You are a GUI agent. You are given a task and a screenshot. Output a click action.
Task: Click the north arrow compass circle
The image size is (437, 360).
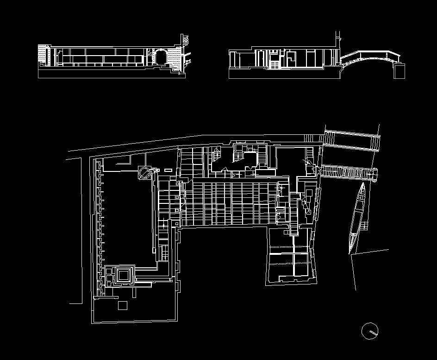coord(370,331)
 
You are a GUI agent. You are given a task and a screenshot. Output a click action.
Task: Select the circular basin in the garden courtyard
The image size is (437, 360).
coord(144,173)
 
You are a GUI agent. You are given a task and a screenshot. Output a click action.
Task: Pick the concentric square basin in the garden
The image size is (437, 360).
coord(123,275)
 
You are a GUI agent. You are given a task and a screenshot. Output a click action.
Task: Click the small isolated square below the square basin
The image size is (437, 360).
coord(123,305)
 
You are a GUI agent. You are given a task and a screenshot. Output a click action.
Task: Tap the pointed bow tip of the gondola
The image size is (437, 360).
coord(363,184)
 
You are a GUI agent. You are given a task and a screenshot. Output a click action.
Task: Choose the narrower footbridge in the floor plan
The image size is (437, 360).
coord(350,173)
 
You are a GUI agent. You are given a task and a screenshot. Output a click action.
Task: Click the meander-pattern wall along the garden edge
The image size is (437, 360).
coord(100,222)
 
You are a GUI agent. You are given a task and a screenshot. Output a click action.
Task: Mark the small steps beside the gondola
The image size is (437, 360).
coord(364,226)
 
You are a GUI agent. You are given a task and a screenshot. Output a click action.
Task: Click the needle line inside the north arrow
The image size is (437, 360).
coord(371,332)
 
